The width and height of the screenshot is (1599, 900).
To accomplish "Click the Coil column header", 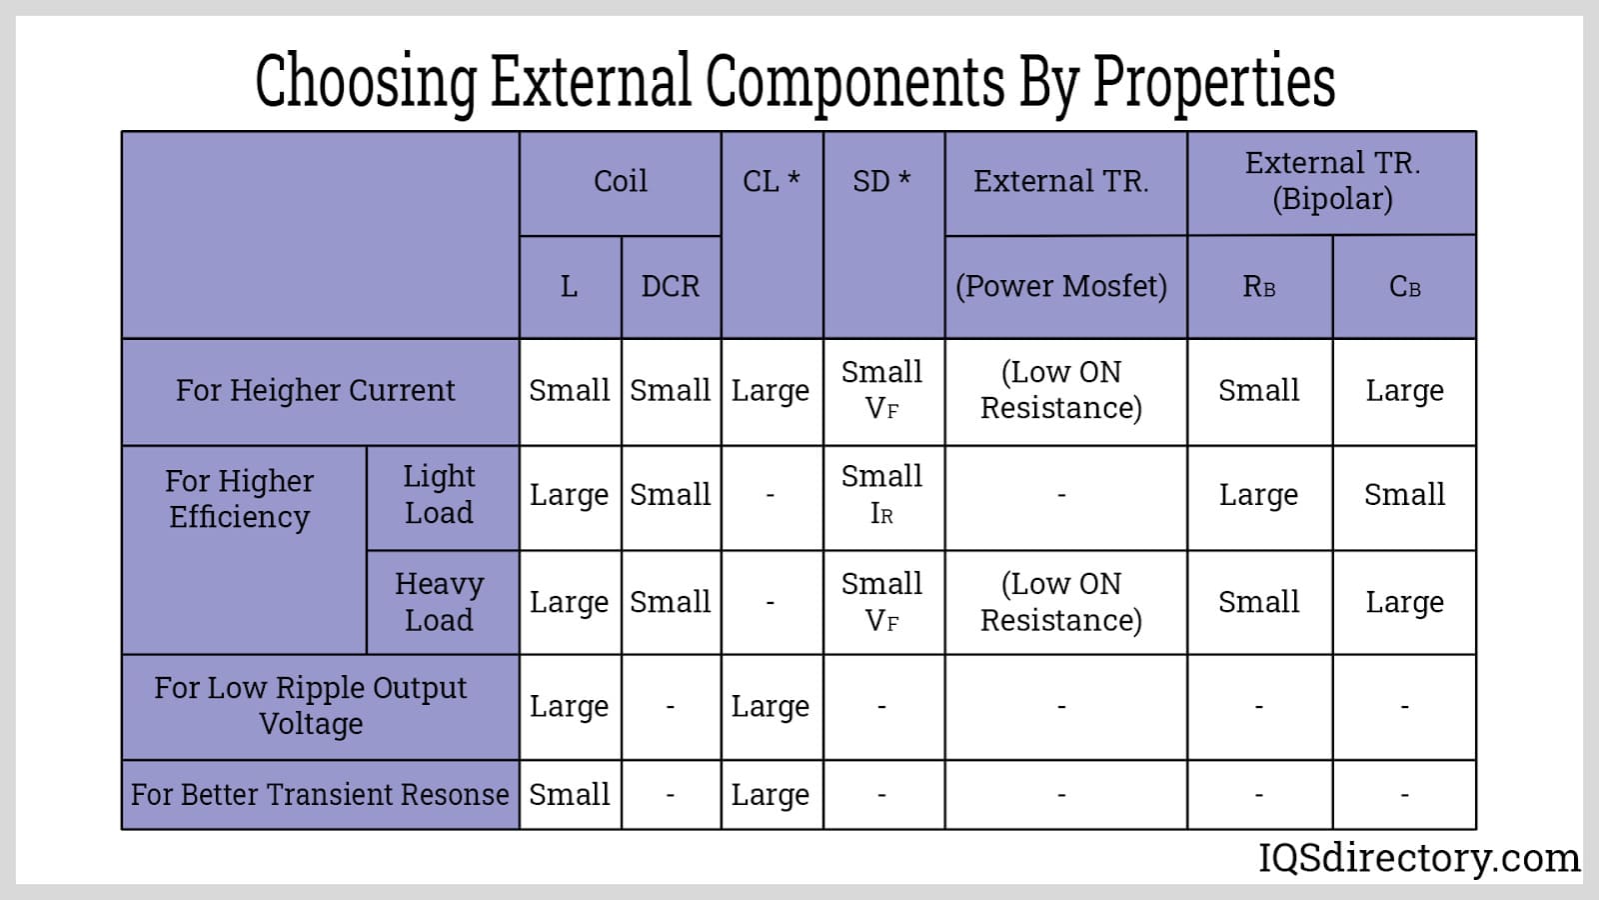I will [x=620, y=182].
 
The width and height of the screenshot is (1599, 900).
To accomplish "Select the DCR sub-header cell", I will [x=670, y=287].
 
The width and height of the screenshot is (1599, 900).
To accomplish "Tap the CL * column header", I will [x=771, y=182].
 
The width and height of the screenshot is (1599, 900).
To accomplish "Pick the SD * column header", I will [x=881, y=182].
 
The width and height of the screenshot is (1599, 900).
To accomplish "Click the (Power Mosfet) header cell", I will [x=1061, y=287].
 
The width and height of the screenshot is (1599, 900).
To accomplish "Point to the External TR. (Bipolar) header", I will [x=1332, y=181].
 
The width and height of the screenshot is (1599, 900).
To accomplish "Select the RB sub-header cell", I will [x=1258, y=287].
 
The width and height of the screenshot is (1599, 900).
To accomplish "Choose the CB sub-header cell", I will [x=1404, y=287].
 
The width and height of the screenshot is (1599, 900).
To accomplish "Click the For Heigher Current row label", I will [x=315, y=390].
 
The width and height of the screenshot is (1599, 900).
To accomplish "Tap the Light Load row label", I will [x=439, y=495].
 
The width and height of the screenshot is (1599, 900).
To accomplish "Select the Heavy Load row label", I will [x=439, y=602].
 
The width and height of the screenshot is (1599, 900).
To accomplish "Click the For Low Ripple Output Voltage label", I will [x=311, y=706].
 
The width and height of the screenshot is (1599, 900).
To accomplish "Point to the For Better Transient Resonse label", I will [x=320, y=794].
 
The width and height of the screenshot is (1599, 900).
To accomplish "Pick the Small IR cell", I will [x=881, y=495].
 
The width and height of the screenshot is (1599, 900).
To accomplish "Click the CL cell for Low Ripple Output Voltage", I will [x=770, y=706].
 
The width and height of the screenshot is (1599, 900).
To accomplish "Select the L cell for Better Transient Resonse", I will [x=569, y=794].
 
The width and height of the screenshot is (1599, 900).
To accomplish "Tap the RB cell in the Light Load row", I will [x=1258, y=495].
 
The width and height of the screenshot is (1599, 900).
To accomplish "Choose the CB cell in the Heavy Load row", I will [x=1404, y=602].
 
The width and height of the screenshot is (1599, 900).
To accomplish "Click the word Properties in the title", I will [x=1214, y=82].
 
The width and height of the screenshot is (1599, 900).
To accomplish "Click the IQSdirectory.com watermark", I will [x=1419, y=858].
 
